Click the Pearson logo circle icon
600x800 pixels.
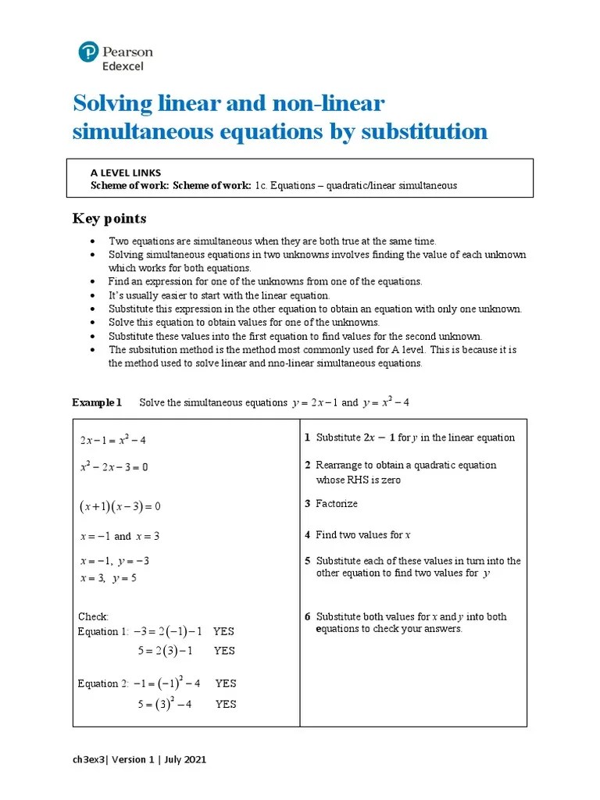click(x=88, y=53)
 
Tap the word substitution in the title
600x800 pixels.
click(x=424, y=131)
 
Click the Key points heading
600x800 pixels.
click(x=109, y=219)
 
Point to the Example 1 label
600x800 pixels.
click(x=97, y=402)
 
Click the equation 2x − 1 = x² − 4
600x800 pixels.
click(x=112, y=440)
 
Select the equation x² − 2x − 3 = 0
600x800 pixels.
click(x=113, y=467)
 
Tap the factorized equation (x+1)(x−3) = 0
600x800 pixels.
click(x=120, y=506)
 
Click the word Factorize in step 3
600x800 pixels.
click(x=337, y=504)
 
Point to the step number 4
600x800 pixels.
click(x=307, y=535)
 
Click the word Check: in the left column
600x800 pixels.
click(x=94, y=617)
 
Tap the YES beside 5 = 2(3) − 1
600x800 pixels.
click(x=224, y=651)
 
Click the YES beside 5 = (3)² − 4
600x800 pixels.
click(x=226, y=704)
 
